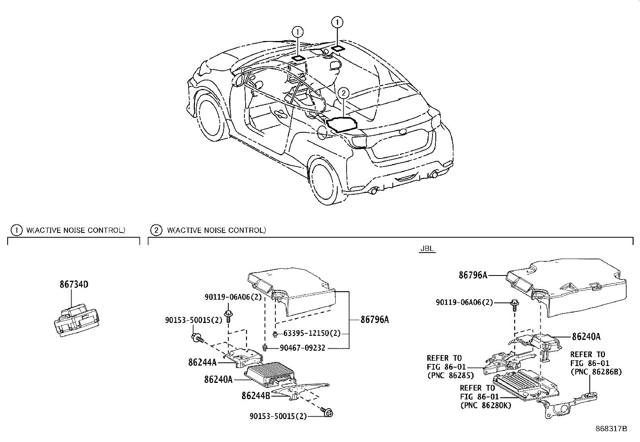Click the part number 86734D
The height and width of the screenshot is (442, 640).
coord(74,285)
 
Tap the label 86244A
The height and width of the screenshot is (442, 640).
coord(202,362)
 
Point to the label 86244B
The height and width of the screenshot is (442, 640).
coord(256,396)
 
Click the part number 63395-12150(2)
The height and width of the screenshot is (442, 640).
coord(312,333)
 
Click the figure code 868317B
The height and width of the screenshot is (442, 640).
coord(611,429)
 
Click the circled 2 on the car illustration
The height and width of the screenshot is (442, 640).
coord(343,93)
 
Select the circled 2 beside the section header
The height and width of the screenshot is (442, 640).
coord(156,230)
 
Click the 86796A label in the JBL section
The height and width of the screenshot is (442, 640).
coord(473,275)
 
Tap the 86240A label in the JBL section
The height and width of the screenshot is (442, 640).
coord(586,337)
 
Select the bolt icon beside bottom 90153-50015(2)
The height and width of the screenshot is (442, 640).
coord(327,412)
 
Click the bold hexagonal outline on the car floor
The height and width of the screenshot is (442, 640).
coord(342,125)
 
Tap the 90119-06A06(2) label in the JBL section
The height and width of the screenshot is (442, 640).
coord(464,302)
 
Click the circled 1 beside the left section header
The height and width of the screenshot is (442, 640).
coord(16,230)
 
